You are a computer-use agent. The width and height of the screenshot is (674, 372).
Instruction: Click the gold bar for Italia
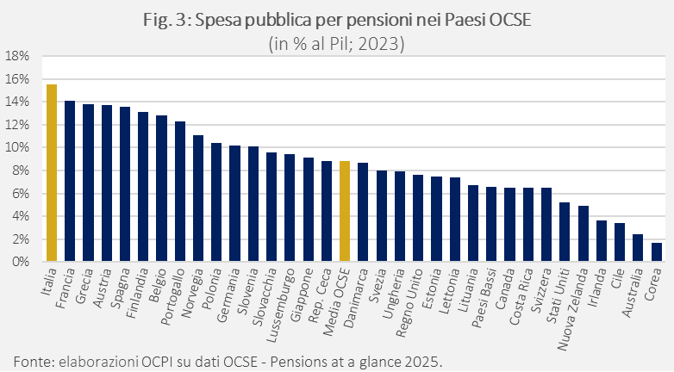coord(52,173)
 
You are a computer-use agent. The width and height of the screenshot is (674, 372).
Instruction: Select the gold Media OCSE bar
coord(345,211)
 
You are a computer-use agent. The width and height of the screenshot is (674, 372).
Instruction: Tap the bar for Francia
coord(70,181)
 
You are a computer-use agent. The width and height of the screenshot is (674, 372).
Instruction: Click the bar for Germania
coord(234,203)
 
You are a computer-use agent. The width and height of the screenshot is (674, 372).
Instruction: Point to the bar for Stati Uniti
coord(565,232)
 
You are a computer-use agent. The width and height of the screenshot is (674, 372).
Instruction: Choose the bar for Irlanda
coord(602,241)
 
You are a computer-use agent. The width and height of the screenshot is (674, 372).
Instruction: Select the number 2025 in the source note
coord(424,358)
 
